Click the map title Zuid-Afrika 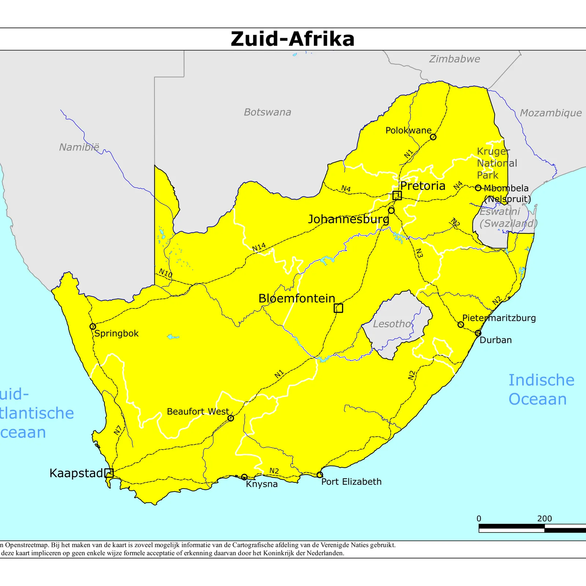[x=293, y=39]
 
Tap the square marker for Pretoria [x=397, y=196]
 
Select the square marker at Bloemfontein [x=338, y=308]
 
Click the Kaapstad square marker [x=109, y=473]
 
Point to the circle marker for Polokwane [x=433, y=137]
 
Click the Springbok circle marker [x=93, y=326]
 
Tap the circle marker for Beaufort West [x=230, y=418]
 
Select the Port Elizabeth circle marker [x=319, y=475]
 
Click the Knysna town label [x=262, y=484]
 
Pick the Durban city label [x=496, y=340]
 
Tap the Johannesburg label [x=348, y=219]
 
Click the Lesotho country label [x=392, y=324]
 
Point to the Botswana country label [x=267, y=112]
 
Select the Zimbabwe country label [x=454, y=59]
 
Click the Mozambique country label [x=550, y=113]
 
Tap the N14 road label [x=259, y=247]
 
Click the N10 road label [x=166, y=273]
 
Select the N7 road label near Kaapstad [x=118, y=430]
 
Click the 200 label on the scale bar [x=544, y=519]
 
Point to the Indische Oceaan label [x=541, y=389]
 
